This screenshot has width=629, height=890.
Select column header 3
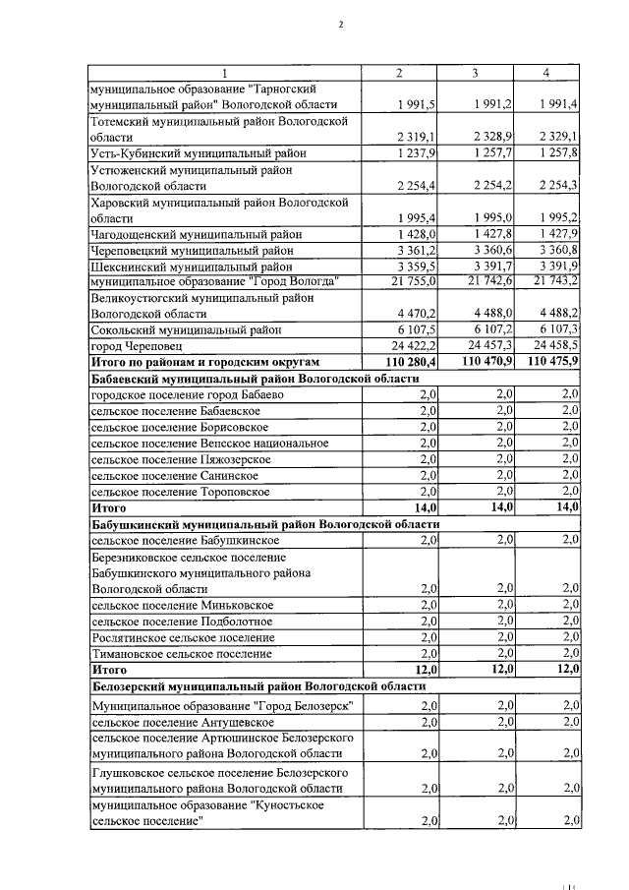(x=475, y=74)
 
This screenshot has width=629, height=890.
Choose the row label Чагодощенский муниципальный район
(x=196, y=234)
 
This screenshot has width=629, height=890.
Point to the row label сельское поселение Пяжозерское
(x=176, y=458)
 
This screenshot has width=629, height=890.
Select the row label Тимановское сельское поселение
(x=181, y=653)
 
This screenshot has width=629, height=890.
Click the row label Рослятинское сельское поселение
(x=183, y=637)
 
